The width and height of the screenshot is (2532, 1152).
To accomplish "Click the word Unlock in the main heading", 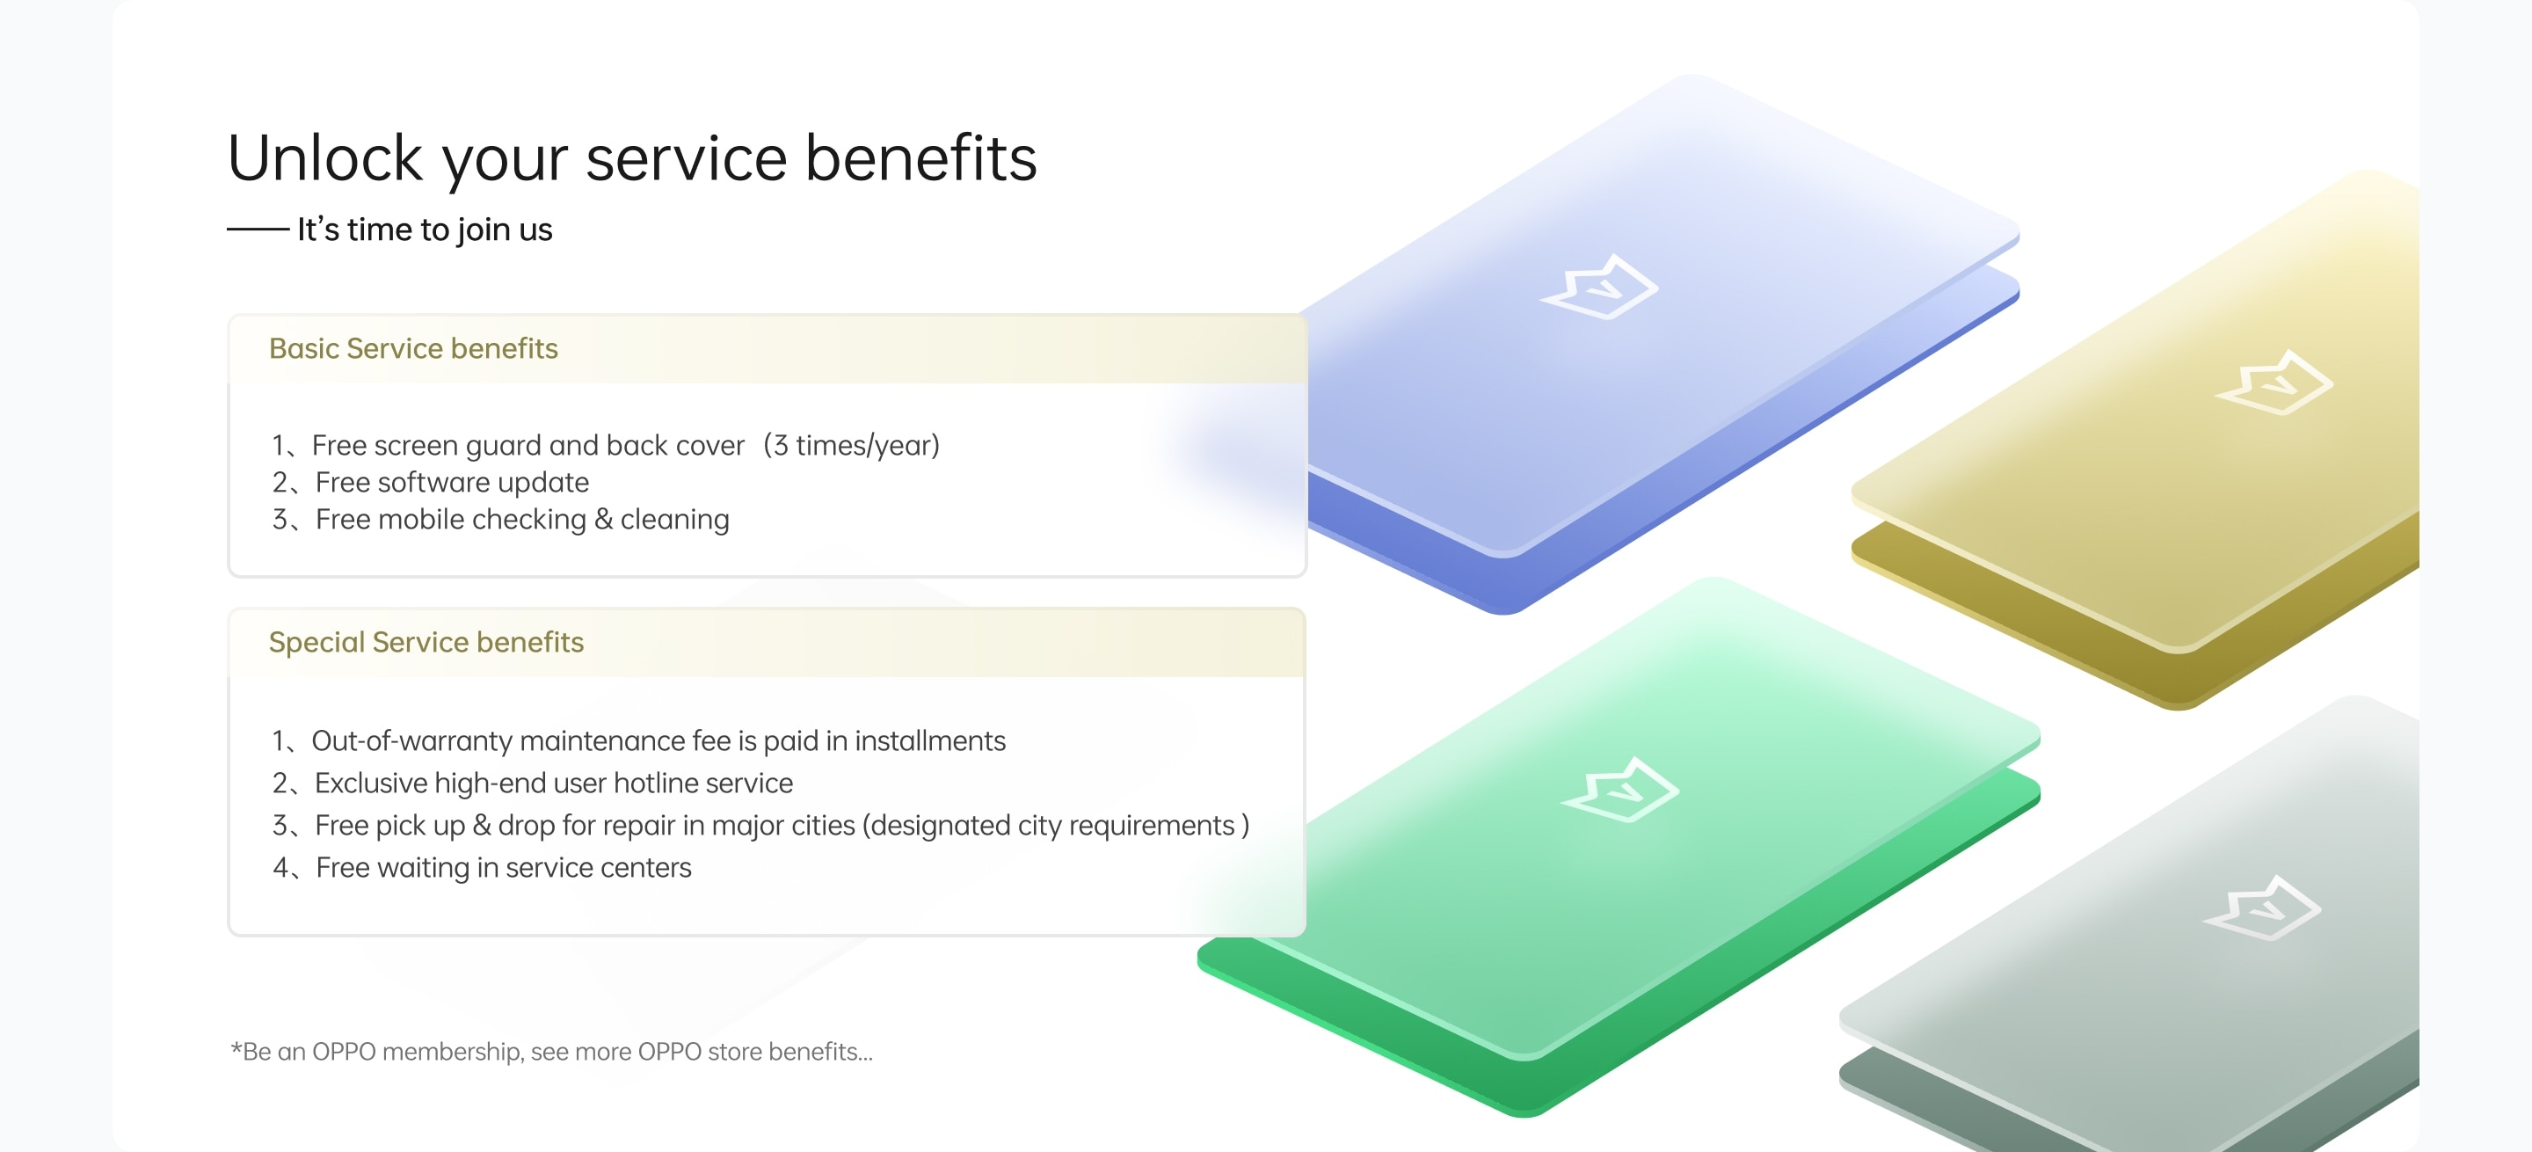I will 324,158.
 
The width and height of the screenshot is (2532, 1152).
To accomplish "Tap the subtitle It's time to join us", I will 425,230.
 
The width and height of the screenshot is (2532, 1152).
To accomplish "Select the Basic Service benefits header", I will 413,349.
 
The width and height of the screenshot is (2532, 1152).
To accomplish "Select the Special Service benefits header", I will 426,643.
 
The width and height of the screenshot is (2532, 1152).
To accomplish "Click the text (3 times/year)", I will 852,446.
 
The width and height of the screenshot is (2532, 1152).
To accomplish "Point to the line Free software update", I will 451,483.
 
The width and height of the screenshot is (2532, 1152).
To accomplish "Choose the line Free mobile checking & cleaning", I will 522,520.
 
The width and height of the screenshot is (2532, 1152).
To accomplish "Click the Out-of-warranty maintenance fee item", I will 658,741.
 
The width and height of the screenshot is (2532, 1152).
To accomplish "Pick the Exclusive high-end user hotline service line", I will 553,784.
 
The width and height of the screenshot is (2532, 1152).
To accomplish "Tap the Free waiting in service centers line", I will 503,868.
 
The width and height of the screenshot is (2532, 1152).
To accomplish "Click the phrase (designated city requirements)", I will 1056,826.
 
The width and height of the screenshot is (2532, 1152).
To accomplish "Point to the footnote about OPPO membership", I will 551,1052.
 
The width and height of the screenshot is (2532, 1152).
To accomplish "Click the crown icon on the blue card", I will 1599,287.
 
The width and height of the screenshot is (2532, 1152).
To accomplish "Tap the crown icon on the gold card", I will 2274,383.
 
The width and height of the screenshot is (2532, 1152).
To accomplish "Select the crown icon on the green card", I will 1619,790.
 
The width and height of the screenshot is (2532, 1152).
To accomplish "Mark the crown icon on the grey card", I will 2262,908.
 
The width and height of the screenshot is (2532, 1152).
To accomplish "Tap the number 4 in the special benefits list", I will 281,868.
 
